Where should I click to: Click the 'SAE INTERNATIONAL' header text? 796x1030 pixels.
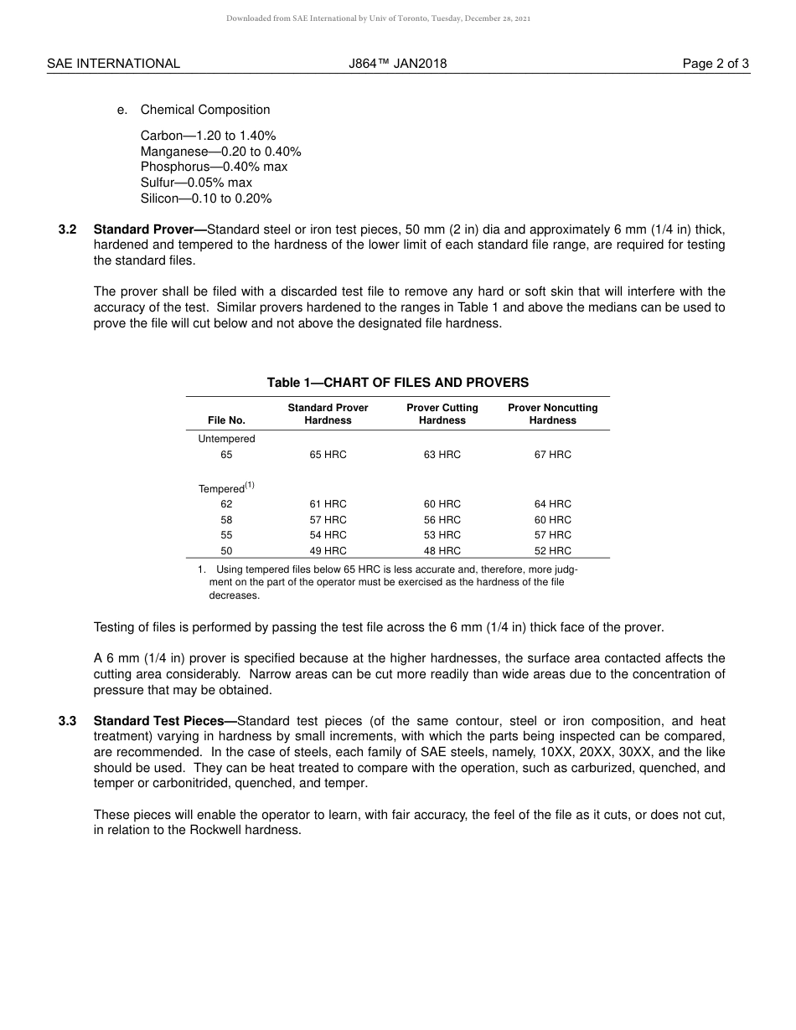point(113,64)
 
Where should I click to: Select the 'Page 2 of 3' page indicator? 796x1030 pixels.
point(716,64)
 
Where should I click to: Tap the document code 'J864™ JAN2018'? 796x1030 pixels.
point(398,64)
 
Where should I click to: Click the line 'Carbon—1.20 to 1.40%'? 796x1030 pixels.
point(208,136)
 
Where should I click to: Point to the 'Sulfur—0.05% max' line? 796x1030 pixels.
point(196,183)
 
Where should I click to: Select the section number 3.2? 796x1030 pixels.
point(68,229)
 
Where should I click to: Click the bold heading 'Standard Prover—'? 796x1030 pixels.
point(150,229)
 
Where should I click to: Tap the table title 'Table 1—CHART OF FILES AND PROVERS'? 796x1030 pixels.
point(398,383)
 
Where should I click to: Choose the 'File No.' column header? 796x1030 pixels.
point(226,420)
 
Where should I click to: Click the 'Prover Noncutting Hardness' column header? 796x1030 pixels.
point(553,414)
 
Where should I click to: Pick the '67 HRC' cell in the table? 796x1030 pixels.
point(553,455)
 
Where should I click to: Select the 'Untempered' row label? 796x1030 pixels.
point(226,439)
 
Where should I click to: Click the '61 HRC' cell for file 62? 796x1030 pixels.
point(328,504)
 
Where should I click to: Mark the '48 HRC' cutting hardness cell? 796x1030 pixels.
point(442,551)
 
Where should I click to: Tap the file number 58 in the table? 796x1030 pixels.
point(226,520)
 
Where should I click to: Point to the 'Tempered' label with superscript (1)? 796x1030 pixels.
point(225,488)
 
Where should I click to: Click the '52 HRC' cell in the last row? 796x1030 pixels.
point(553,551)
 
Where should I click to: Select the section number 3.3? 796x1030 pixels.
point(68,721)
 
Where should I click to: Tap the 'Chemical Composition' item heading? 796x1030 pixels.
point(205,110)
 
